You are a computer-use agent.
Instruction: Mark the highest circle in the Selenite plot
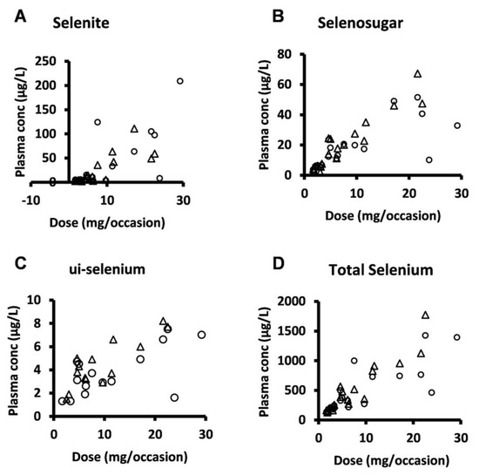(x=180, y=81)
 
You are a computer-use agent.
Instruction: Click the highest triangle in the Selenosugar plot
(x=417, y=74)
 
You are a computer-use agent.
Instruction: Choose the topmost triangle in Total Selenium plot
(x=425, y=315)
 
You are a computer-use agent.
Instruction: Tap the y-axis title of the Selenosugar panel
(x=265, y=119)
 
